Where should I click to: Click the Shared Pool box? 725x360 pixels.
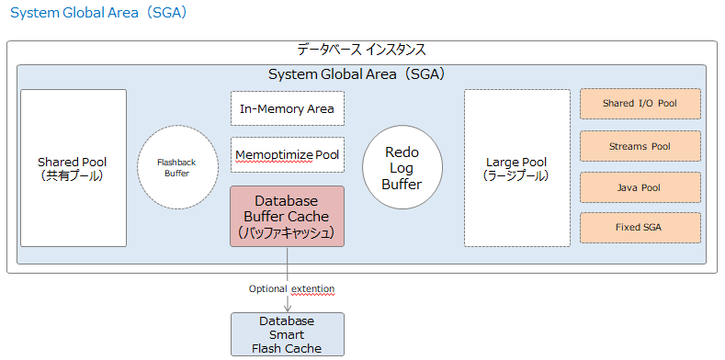coord(74,167)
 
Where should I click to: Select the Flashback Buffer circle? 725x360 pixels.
coord(178,166)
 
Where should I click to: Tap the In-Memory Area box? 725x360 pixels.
coord(287,108)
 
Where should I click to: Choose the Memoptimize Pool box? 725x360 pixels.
coord(287,154)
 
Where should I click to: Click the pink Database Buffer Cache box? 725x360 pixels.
coord(287,216)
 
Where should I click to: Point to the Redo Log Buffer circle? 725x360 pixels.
coord(402,167)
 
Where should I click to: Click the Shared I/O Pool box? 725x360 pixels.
coord(640,104)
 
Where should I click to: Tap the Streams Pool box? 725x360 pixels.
coord(640,146)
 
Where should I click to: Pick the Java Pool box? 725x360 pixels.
coord(640,187)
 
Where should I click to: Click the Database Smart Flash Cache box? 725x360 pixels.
coord(287,334)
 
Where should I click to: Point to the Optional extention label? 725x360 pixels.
coord(291,288)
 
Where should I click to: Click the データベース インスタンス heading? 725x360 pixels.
coord(361,50)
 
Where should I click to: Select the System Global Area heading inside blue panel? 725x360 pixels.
coord(361,73)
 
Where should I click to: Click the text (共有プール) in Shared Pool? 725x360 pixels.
coord(74,175)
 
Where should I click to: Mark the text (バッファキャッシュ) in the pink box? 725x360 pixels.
coord(287,232)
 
